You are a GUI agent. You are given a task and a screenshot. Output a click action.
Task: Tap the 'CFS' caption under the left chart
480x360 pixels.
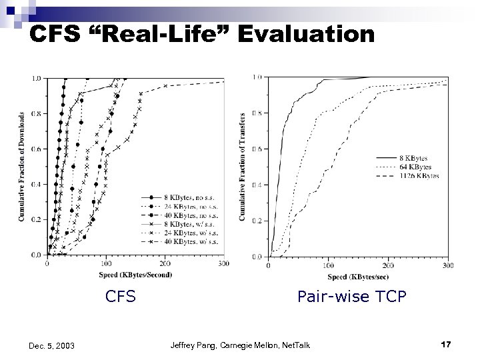click(x=121, y=297)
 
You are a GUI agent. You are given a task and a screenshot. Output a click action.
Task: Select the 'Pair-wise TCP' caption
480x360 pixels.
click(x=351, y=297)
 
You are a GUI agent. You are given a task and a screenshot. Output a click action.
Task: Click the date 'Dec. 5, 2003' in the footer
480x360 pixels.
click(x=52, y=345)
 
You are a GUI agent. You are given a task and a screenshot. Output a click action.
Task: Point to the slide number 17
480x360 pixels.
click(x=447, y=344)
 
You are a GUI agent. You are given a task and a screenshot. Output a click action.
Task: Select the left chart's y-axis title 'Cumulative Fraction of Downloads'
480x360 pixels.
click(x=22, y=167)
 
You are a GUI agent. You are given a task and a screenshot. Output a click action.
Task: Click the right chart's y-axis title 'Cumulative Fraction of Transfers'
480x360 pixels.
click(x=243, y=167)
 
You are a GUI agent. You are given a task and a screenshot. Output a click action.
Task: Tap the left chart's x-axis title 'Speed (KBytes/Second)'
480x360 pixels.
click(x=135, y=274)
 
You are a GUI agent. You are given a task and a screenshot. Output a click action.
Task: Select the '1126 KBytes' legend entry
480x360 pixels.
click(x=416, y=175)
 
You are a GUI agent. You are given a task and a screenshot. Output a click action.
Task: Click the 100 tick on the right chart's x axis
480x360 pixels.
click(x=328, y=266)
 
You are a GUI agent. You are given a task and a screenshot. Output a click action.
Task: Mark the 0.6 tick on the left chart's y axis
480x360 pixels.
click(x=37, y=149)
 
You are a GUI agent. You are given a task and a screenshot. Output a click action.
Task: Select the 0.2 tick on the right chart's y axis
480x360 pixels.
click(x=257, y=220)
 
